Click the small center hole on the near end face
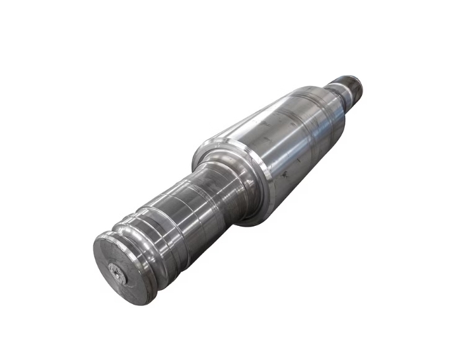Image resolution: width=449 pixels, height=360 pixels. pyautogui.click(x=118, y=273)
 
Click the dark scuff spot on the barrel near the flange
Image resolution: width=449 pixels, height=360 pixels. pyautogui.click(x=285, y=175)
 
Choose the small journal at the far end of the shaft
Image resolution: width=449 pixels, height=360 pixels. pyautogui.click(x=347, y=89)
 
